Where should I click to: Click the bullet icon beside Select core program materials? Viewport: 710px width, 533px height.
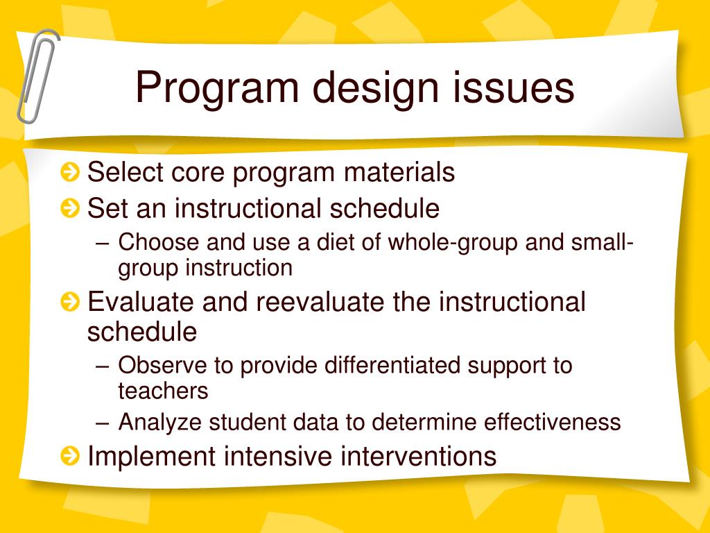pyautogui.click(x=70, y=172)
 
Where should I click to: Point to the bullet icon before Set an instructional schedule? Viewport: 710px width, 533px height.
pyautogui.click(x=70, y=208)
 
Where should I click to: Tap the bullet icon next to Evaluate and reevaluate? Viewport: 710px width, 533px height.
pyautogui.click(x=70, y=302)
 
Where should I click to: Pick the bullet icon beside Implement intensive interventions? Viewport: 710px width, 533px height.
pyautogui.click(x=70, y=455)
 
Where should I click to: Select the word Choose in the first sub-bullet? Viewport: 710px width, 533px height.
pyautogui.click(x=159, y=242)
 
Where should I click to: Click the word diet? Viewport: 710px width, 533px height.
pyautogui.click(x=335, y=242)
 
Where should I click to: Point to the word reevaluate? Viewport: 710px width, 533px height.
pyautogui.click(x=320, y=301)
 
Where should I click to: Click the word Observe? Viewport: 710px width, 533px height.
pyautogui.click(x=162, y=365)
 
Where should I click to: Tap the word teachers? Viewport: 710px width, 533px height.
pyautogui.click(x=163, y=391)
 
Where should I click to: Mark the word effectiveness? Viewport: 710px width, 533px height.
pyautogui.click(x=552, y=422)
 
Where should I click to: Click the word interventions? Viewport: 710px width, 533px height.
pyautogui.click(x=418, y=455)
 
